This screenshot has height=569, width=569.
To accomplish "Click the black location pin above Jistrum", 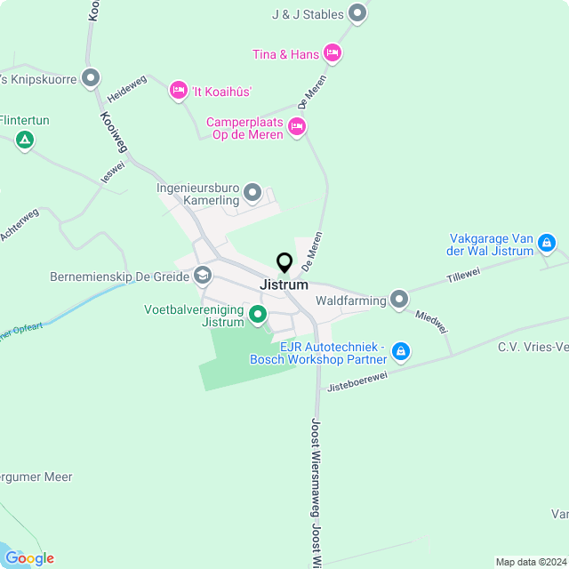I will click(x=284, y=263).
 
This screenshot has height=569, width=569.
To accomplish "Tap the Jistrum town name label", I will click(x=284, y=285).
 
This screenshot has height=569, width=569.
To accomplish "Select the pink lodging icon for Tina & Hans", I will click(x=333, y=54).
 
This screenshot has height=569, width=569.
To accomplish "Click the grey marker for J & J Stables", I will click(x=357, y=13).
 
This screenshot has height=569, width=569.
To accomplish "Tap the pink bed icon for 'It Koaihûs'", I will click(x=178, y=91).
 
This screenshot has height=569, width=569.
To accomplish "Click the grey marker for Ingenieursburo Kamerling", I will click(x=252, y=193).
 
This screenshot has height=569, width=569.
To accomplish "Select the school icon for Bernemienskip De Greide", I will click(x=203, y=276).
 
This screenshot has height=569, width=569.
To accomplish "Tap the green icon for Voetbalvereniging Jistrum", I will click(x=258, y=315).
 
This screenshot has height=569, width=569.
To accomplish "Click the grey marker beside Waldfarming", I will click(x=399, y=300).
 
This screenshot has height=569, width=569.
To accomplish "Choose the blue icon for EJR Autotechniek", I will click(x=401, y=352).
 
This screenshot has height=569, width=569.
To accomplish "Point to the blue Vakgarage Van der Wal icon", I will click(x=547, y=243).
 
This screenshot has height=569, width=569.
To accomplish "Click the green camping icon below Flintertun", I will click(x=25, y=140).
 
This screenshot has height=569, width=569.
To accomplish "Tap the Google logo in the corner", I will click(x=28, y=557).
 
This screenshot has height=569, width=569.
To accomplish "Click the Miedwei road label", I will click(x=432, y=323).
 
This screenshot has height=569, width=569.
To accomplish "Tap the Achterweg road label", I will click(x=20, y=224).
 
